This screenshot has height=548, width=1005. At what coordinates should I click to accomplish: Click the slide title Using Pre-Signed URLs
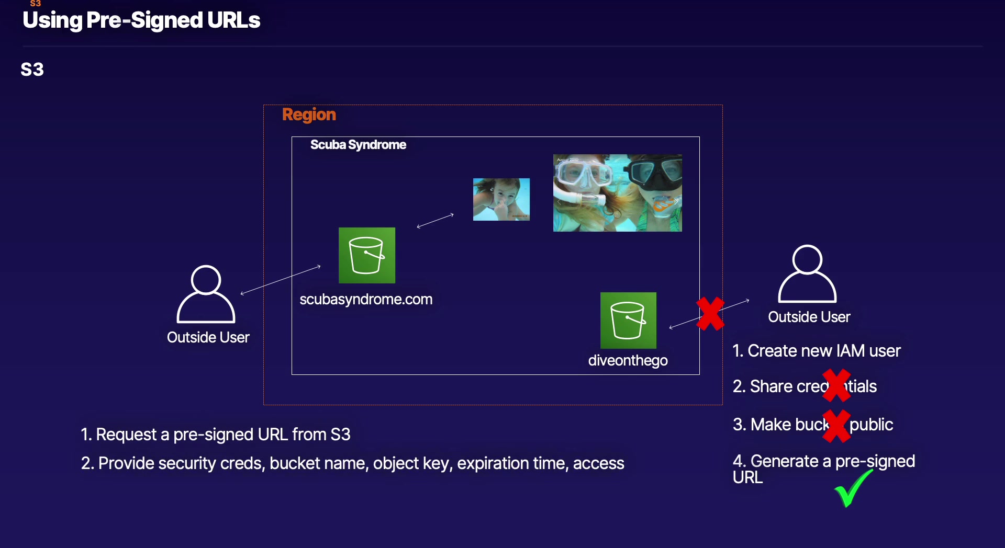(x=141, y=20)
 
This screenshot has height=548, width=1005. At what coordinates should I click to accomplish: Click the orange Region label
(x=309, y=115)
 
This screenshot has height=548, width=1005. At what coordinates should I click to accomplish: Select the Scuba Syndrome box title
(x=358, y=145)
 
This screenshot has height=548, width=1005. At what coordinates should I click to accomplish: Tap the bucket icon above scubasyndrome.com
(x=366, y=255)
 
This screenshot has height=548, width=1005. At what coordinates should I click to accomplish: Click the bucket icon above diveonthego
(x=628, y=320)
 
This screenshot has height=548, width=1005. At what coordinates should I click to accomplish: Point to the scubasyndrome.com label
(x=366, y=300)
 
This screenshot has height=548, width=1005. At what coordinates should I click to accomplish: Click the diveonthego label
(x=628, y=361)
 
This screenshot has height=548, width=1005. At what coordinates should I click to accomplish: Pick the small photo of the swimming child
(x=501, y=199)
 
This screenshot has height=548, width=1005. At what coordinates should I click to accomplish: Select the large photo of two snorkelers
(x=617, y=192)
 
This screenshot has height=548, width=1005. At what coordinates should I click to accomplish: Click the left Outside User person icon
(x=206, y=294)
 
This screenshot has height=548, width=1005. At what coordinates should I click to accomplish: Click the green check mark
(x=852, y=488)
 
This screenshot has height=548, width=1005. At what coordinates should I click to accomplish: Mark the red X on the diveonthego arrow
(x=710, y=314)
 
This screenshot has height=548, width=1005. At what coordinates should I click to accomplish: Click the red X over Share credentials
(x=836, y=385)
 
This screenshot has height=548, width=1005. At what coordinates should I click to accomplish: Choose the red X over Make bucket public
(x=836, y=425)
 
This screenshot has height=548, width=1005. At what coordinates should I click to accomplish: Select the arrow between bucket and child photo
(x=435, y=221)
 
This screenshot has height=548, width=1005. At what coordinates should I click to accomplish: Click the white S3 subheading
(x=32, y=70)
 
